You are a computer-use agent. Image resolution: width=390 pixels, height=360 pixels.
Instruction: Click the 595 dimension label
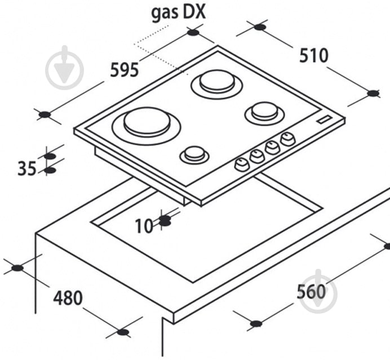click(124, 70)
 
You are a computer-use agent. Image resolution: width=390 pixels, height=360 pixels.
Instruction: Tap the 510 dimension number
click(314, 56)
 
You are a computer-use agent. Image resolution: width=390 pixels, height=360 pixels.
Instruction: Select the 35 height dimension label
click(27, 168)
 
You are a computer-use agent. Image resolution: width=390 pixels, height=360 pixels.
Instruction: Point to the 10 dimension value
click(144, 226)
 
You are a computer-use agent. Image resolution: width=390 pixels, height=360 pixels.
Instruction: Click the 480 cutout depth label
click(68, 298)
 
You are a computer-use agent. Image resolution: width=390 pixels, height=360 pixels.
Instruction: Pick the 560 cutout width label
click(311, 291)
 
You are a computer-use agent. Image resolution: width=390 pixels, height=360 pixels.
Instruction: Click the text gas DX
click(179, 13)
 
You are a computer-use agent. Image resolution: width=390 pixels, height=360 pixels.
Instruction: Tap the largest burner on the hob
click(147, 126)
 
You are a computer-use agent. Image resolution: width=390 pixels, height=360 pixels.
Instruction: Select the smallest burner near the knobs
click(194, 155)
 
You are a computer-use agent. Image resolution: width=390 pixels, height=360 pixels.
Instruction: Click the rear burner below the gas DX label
click(217, 84)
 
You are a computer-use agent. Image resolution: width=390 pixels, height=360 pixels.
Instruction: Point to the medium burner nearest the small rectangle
click(265, 113)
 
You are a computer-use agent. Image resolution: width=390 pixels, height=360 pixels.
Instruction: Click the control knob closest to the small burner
click(242, 165)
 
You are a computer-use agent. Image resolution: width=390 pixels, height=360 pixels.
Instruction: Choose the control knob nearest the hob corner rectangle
click(288, 139)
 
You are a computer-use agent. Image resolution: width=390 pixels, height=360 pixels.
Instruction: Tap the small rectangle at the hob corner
click(324, 119)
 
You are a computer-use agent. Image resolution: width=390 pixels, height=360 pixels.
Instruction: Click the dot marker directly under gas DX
click(193, 32)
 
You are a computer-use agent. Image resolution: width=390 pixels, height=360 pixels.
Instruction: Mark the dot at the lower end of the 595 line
click(45, 115)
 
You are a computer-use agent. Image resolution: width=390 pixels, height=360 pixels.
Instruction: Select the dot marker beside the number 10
click(165, 221)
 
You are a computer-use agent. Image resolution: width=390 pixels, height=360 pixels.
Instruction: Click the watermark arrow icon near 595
click(64, 68)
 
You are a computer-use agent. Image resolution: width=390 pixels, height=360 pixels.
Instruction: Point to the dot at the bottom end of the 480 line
click(123, 332)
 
